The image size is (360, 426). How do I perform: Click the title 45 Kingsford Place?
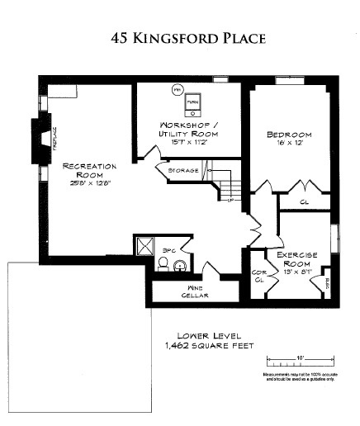click(179, 37)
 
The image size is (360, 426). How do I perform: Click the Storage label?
click(182, 172)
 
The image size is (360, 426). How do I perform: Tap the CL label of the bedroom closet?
click(305, 200)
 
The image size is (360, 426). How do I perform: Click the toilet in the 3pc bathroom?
click(163, 265)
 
